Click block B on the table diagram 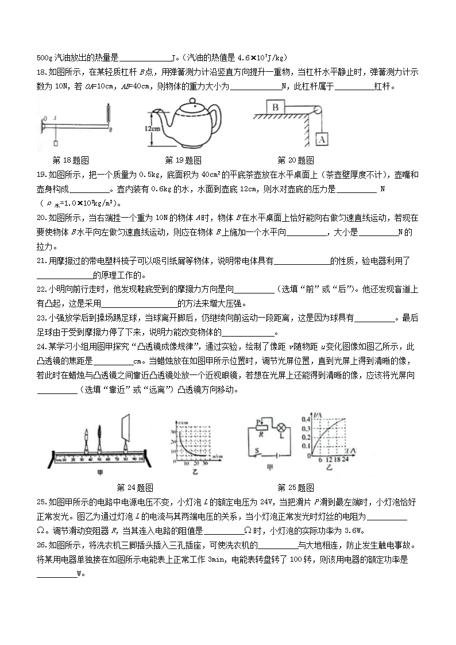pos(276,107)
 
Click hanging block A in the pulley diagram pos(322,138)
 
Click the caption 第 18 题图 pos(70,160)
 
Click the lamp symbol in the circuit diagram pos(281,428)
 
